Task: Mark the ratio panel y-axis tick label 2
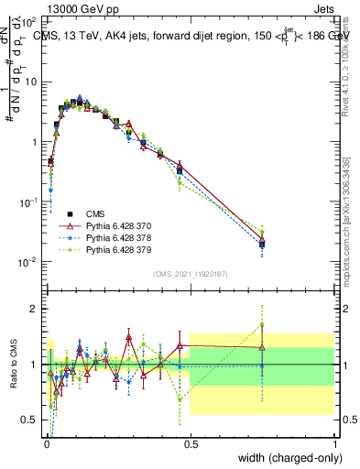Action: [x=34, y=309]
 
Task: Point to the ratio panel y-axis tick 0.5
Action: [x=30, y=420]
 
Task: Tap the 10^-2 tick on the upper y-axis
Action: [x=28, y=263]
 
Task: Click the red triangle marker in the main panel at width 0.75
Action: [x=262, y=240]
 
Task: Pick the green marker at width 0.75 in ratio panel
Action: [x=262, y=324]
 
